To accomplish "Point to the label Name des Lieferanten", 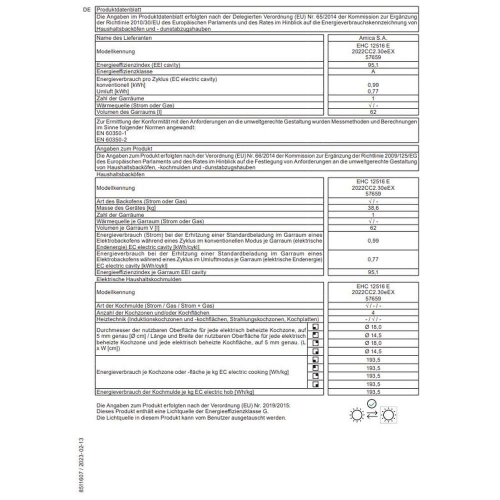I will [124, 37].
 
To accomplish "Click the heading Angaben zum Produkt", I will [123, 148].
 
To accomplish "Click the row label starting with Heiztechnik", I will [207, 319].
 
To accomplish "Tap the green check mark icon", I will [371, 403].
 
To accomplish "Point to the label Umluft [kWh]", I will [112, 91].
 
